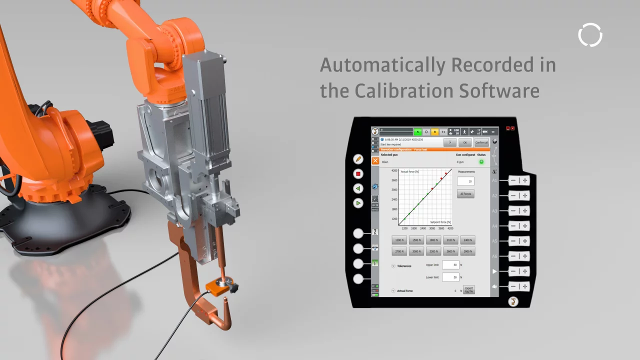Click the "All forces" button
click(x=465, y=193)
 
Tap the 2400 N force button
click(x=467, y=240)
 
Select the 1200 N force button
click(x=399, y=240)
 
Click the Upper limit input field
click(x=450, y=265)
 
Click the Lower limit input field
click(x=450, y=277)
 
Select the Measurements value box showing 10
click(x=465, y=181)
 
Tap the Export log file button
click(x=468, y=289)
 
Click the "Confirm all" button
click(x=481, y=142)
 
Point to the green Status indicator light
click(x=481, y=162)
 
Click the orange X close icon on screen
click(x=375, y=160)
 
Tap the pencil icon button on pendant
click(x=358, y=159)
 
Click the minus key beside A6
click(x=513, y=256)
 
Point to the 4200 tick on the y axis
click(x=394, y=171)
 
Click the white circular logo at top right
click(x=590, y=35)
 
